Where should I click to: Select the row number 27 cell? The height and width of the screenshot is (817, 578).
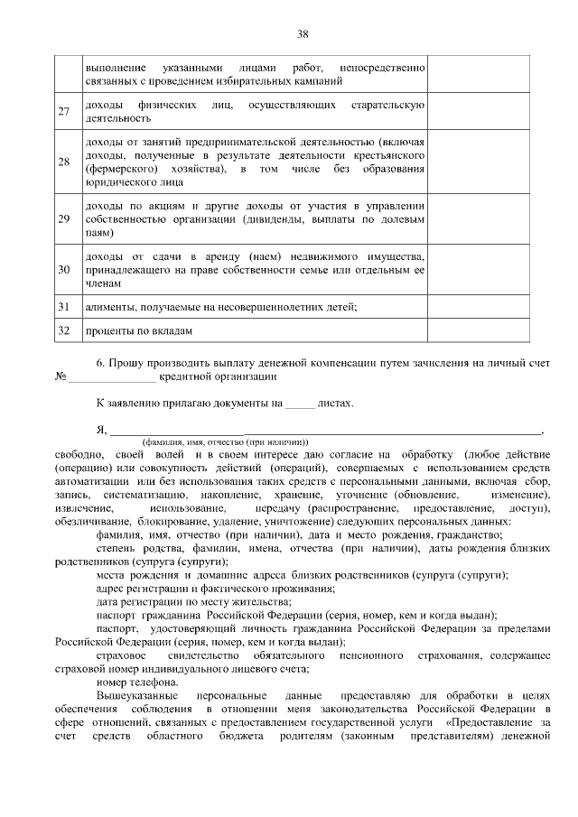pyautogui.click(x=64, y=112)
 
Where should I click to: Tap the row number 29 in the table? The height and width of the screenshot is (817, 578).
pyautogui.click(x=64, y=218)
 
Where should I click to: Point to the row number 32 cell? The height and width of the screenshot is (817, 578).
pyautogui.click(x=64, y=330)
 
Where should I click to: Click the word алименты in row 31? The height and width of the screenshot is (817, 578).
pyautogui.click(x=107, y=307)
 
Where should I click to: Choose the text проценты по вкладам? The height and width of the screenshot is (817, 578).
pyautogui.click(x=138, y=331)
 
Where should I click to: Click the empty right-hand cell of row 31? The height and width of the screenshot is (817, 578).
pyautogui.click(x=473, y=307)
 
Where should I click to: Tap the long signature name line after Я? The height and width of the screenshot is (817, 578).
pyautogui.click(x=325, y=433)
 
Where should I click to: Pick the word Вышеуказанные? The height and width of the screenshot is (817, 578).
pyautogui.click(x=137, y=697)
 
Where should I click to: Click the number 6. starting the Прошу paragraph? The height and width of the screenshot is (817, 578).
pyautogui.click(x=101, y=362)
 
